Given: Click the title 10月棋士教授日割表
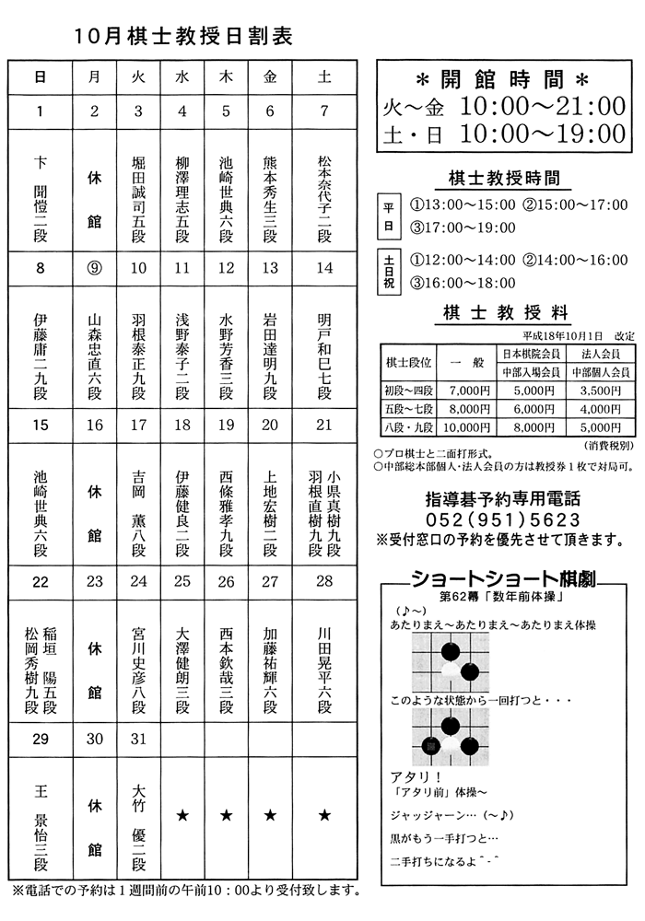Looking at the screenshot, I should pyautogui.click(x=184, y=36).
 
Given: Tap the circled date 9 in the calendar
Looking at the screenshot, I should pyautogui.click(x=94, y=268).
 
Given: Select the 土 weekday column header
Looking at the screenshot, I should pyautogui.click(x=324, y=77).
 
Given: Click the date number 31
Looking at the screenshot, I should pyautogui.click(x=138, y=739).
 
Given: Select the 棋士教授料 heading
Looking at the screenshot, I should pyautogui.click(x=503, y=314).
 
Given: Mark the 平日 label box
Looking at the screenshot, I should pyautogui.click(x=388, y=217).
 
